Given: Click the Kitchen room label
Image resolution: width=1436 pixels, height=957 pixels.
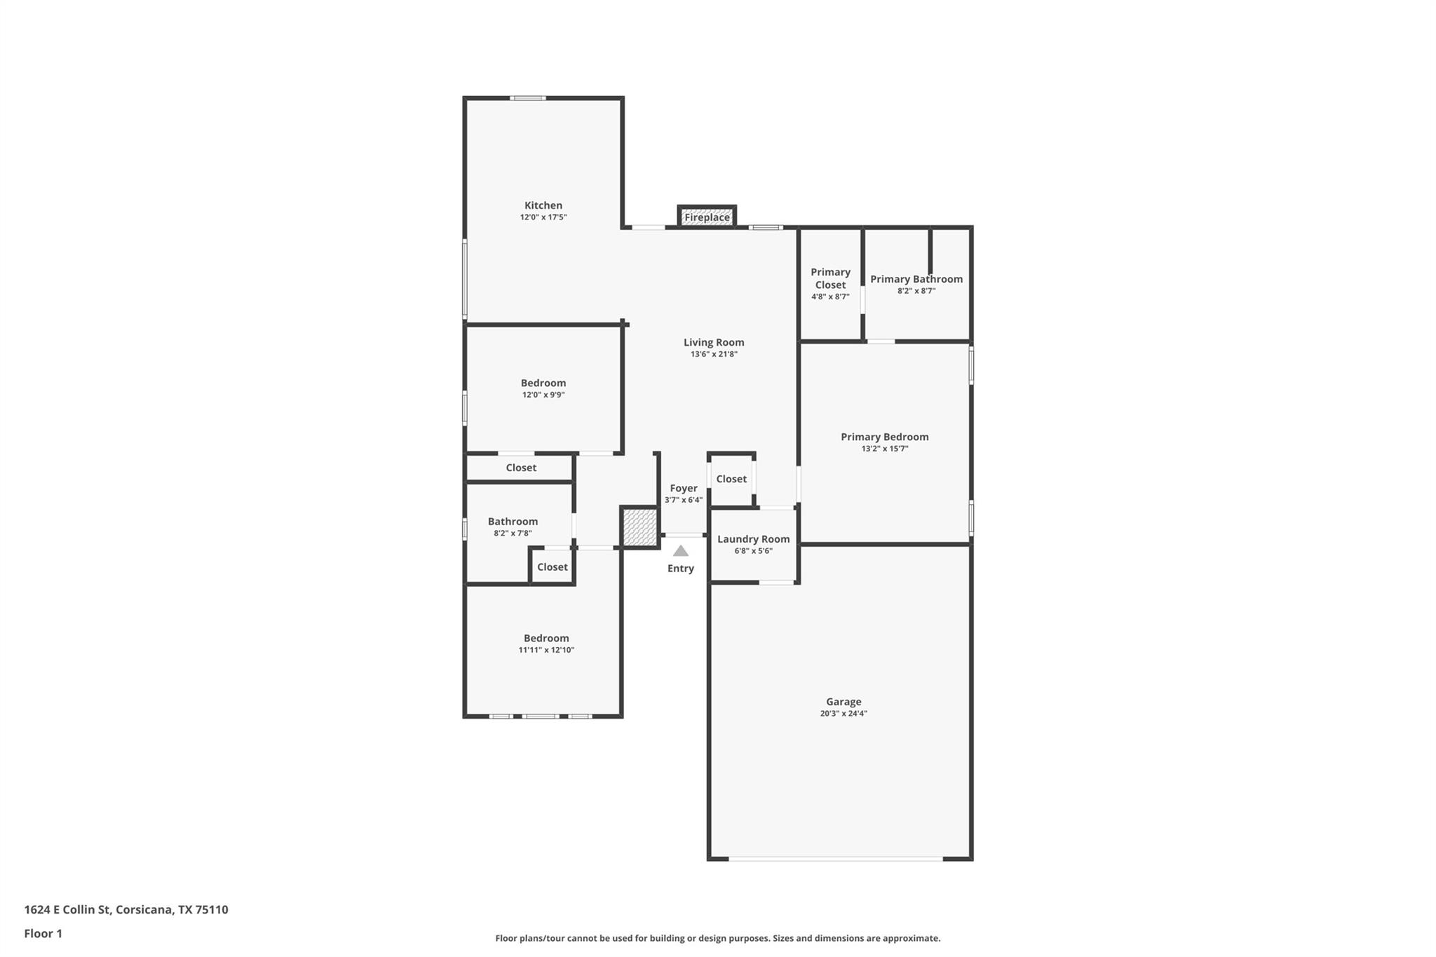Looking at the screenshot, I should coord(543,205).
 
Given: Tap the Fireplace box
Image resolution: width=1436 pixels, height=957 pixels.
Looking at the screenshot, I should coord(707,217).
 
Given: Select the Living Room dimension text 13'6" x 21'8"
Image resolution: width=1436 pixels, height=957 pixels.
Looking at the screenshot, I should coord(714,355).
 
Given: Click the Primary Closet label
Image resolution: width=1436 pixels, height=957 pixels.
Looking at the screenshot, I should coord(830,278).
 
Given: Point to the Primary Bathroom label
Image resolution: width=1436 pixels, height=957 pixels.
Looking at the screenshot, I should coord(916,279).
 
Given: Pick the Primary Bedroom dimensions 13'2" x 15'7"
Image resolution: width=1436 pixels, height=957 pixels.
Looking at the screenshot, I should coord(884,449).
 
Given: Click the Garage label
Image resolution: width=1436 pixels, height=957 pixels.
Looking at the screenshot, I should coord(843,702).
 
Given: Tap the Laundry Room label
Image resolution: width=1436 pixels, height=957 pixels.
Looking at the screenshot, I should coord(753,539).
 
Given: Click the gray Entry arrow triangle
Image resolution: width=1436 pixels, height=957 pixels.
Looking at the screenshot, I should coord(680,551).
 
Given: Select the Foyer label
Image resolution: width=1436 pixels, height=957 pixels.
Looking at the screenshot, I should coord(683,489).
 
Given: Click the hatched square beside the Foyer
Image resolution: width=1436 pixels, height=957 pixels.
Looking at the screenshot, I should coord(639,527).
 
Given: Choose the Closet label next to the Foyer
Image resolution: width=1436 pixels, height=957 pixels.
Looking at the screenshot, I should coord(731,479).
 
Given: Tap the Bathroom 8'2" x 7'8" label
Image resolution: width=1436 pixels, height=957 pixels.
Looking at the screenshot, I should coord(513,522).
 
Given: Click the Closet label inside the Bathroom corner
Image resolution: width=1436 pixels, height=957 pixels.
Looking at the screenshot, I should coord(553,567).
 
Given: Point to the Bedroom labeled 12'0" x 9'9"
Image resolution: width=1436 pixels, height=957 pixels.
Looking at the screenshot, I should coord(543,384).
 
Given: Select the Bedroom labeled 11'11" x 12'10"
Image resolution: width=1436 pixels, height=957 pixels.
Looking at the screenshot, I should coord(546,639).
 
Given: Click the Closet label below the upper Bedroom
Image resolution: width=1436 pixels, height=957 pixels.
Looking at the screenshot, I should coord(521,468).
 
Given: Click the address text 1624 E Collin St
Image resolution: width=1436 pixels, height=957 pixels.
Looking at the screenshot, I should coord(126,909).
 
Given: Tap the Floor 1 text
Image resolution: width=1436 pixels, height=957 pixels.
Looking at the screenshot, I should coord(43,933).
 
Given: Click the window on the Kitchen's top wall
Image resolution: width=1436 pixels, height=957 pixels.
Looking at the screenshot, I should coord(527,98).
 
